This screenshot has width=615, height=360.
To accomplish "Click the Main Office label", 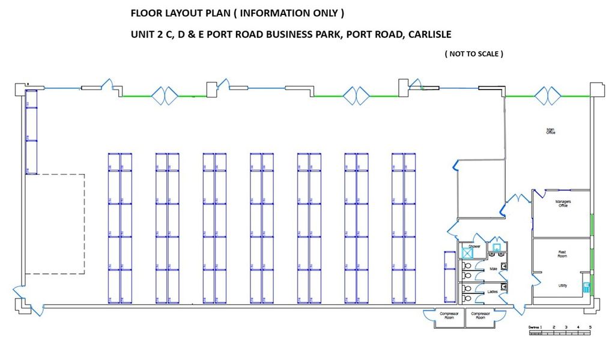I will click(x=550, y=131).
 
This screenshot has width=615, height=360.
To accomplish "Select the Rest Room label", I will click(x=562, y=255).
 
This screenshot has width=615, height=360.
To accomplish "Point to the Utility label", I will click(x=562, y=285).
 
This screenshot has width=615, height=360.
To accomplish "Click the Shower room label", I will click(x=474, y=246).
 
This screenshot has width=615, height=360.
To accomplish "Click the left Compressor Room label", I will click(x=449, y=316).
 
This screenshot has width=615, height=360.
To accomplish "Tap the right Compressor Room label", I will click(x=480, y=316).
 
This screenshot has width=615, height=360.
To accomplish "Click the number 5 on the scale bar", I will click(x=590, y=327).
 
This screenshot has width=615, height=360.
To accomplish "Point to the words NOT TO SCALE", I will click(x=474, y=53).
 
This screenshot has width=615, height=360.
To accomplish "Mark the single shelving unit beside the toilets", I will click(x=450, y=277).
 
